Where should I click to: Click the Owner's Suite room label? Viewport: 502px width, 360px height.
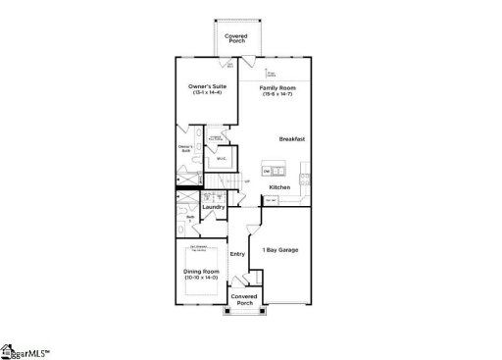(208, 86)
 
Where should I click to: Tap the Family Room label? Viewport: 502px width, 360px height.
(279, 86)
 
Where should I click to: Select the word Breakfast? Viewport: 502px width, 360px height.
(292, 139)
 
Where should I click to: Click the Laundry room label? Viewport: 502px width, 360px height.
(214, 207)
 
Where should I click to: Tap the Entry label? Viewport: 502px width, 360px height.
(237, 254)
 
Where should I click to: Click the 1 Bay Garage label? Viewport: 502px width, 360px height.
(280, 250)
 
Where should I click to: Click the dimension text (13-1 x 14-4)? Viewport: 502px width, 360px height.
(208, 93)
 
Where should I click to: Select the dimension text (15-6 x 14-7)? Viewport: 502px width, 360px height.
(279, 93)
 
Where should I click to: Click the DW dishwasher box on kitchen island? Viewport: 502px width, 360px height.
(267, 171)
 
